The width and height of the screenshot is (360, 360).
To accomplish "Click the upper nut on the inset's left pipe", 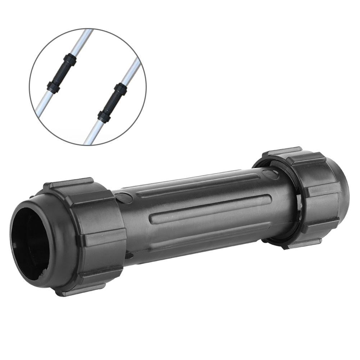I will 70,58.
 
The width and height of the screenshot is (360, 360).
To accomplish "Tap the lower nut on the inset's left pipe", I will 53,87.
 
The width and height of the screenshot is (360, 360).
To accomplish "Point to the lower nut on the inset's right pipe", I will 104,116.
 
